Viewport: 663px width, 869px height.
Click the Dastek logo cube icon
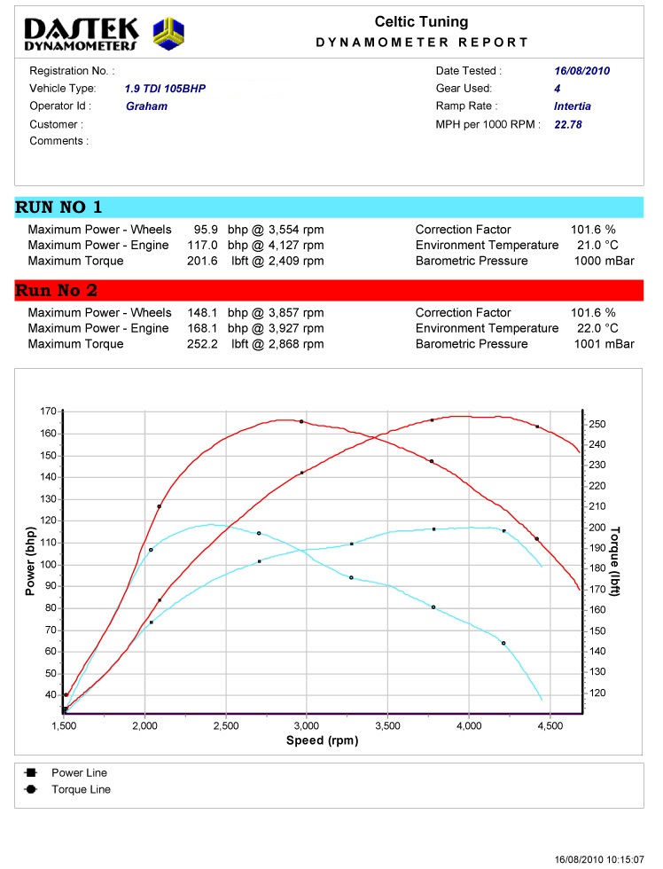tap(168, 34)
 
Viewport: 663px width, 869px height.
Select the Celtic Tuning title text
tap(421, 22)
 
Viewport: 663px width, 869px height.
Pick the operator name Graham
tap(146, 106)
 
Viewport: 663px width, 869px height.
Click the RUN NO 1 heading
tap(59, 207)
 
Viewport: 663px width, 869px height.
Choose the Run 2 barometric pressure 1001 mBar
tap(604, 344)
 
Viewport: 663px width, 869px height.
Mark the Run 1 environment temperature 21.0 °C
tap(598, 245)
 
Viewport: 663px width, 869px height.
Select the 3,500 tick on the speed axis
tap(388, 725)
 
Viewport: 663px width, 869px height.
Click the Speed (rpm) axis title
tap(322, 740)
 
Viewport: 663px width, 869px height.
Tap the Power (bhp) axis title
tap(30, 558)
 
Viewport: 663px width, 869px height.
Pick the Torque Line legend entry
tap(81, 789)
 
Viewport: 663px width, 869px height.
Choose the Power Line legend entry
tap(79, 773)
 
